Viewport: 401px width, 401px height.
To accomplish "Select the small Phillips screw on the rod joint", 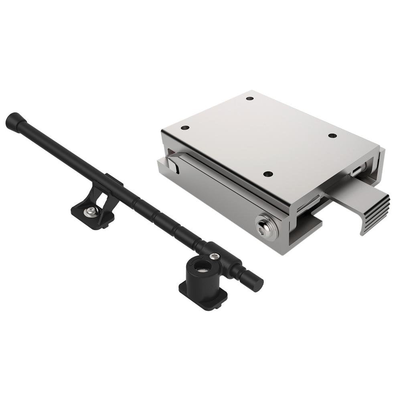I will tap(216, 256).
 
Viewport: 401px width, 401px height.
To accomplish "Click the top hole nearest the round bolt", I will tap(268, 174).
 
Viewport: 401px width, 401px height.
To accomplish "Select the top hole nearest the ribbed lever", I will tap(332, 136).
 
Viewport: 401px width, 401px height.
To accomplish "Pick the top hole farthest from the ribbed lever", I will tap(185, 128).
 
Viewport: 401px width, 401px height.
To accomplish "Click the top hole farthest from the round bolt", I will tap(250, 98).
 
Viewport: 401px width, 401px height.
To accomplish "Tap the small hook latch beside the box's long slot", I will tap(173, 164).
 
